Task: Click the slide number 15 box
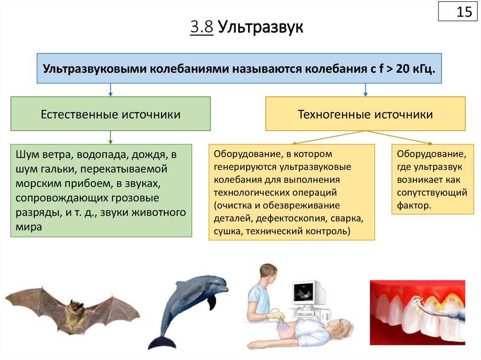(x=458, y=11)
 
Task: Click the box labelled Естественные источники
(x=110, y=114)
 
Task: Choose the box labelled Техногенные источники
(x=365, y=114)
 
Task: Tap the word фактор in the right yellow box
(x=413, y=205)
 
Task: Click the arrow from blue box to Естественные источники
(x=110, y=90)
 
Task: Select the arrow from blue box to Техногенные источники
(x=365, y=90)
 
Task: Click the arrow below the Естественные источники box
(x=110, y=137)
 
